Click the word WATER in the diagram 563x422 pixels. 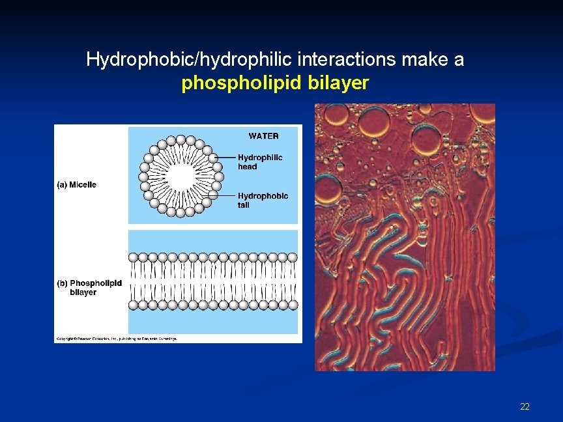coord(263,136)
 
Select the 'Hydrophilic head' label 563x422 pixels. coord(259,162)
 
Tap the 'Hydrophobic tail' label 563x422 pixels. coord(263,200)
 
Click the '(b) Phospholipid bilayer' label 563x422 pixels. coord(89,288)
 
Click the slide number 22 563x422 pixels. coord(525,407)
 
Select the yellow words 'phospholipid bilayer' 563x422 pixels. coord(275,83)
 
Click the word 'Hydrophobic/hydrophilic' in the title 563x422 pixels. coord(190,61)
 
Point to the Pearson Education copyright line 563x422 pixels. coord(116,339)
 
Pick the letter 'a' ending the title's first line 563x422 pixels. coord(459,61)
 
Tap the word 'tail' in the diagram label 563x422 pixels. coord(244,205)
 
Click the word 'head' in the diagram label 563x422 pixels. coord(248,167)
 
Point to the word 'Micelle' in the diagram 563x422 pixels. coord(83,185)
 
